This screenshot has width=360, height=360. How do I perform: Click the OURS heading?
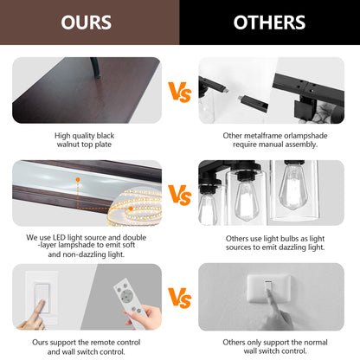point(86,22)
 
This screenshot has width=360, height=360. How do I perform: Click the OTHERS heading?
point(269,22)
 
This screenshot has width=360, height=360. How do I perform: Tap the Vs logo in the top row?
point(180,92)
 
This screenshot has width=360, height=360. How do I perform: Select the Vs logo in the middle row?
point(180,195)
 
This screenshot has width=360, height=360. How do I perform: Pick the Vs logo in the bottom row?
point(180,298)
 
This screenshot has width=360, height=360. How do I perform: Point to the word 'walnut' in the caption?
point(67,145)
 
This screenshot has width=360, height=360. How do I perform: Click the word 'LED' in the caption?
point(59,237)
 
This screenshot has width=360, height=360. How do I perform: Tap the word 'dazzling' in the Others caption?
point(290,247)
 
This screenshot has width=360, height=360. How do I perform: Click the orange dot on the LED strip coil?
point(131,209)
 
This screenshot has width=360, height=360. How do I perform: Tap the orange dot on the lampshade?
point(78,179)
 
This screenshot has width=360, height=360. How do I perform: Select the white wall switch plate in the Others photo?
point(268,288)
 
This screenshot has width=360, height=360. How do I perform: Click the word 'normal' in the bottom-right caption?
point(316,343)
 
